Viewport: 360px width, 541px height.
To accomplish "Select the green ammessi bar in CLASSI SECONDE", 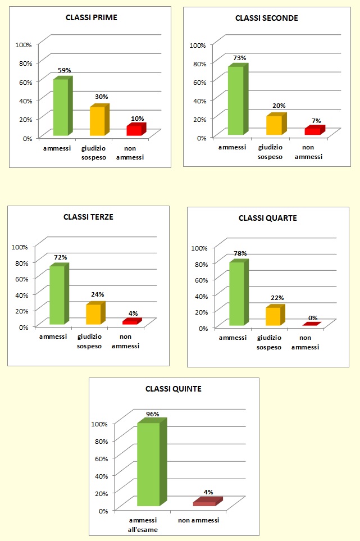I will tap(235, 101).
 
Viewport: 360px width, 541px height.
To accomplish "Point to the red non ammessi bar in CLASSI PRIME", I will tap(134, 130).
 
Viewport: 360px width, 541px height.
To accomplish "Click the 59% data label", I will tap(64, 71).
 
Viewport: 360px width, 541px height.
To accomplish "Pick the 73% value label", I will tap(239, 58).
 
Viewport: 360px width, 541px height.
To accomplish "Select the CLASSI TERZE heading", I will tap(88, 217).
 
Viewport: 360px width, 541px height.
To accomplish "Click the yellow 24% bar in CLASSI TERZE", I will tap(93, 314).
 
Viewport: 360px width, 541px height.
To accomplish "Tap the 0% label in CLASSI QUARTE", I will tap(313, 318).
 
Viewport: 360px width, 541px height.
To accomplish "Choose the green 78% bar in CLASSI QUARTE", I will tap(236, 294).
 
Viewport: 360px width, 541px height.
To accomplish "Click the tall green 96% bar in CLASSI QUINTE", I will tap(148, 465).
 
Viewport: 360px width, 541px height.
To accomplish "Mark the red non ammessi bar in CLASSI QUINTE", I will tap(204, 503).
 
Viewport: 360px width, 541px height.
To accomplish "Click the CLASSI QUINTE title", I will tap(174, 388).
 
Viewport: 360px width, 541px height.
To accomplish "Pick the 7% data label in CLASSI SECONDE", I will tap(316, 121).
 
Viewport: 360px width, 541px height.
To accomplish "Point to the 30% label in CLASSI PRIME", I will tap(101, 97).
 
